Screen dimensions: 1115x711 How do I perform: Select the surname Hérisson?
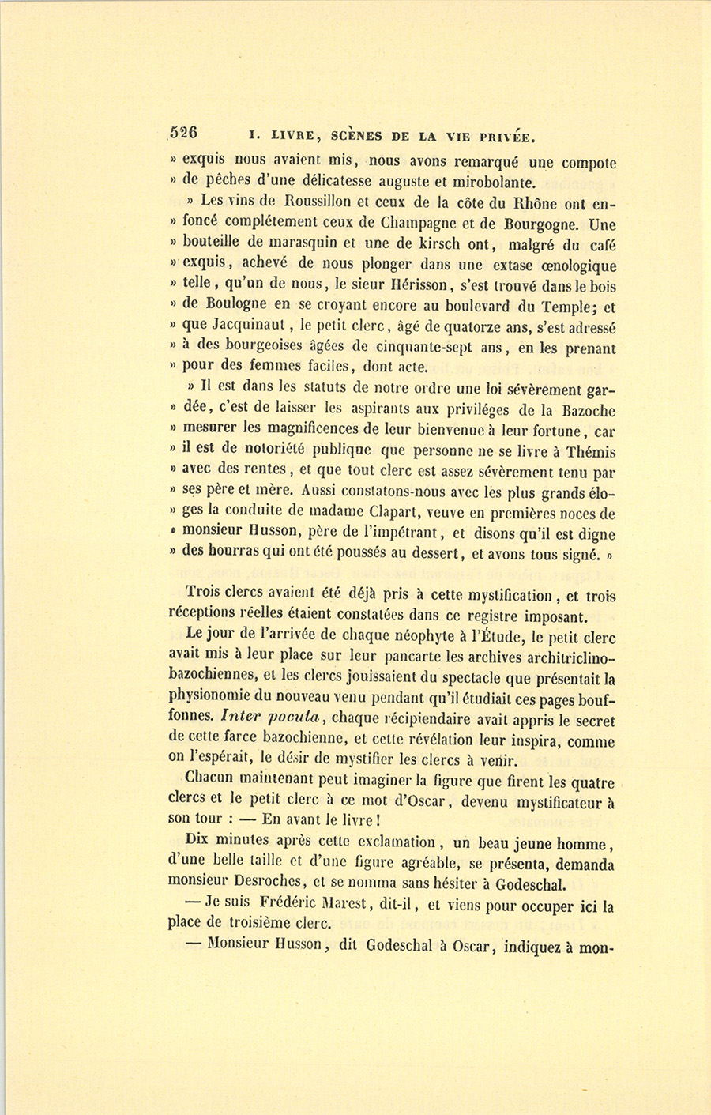pos(422,286)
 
